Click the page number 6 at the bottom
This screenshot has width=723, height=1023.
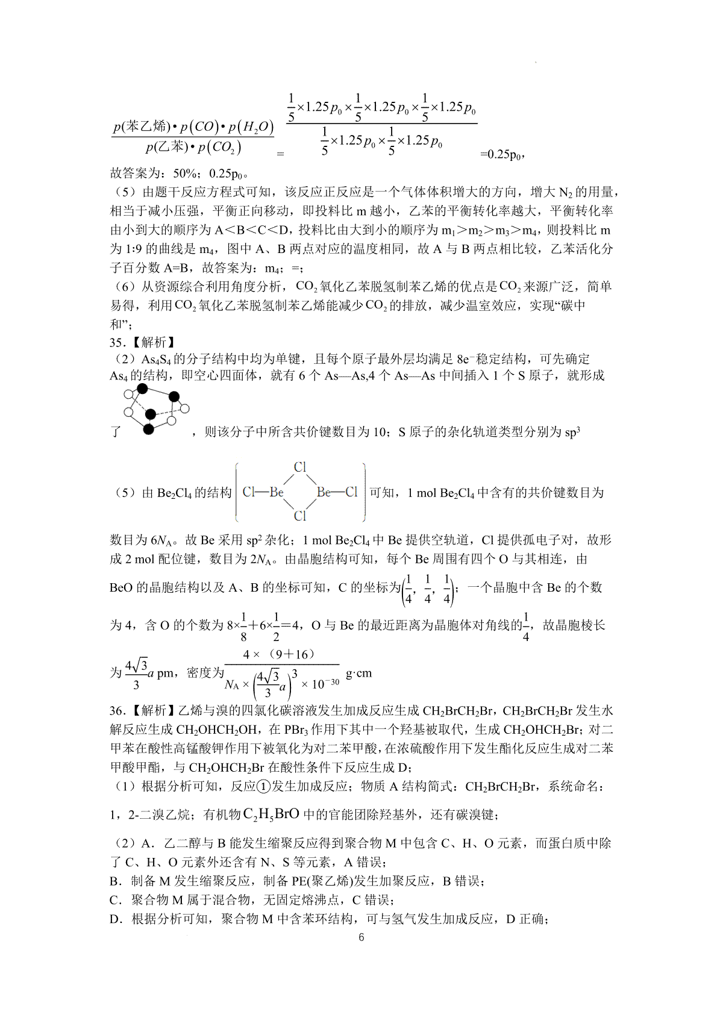[361, 937]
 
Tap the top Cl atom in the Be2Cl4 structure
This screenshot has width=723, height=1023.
[300, 467]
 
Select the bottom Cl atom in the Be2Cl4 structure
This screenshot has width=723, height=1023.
[300, 516]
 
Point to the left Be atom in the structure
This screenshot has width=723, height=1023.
[277, 492]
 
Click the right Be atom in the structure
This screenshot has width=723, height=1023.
[324, 492]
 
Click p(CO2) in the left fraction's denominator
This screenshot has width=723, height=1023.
[219, 148]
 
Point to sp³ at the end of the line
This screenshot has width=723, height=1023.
[572, 432]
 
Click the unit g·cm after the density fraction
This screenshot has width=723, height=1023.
[358, 673]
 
